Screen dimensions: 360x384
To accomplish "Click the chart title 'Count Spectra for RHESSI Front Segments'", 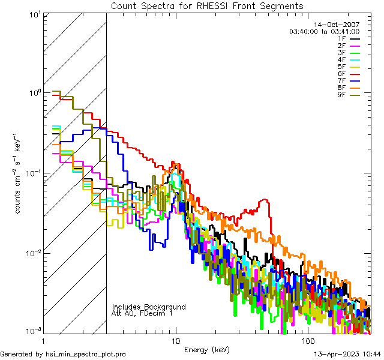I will (207, 5).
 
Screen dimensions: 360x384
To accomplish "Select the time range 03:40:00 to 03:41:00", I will (325, 31).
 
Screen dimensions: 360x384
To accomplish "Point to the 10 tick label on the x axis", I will (175, 340).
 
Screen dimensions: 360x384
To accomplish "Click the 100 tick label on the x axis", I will (307, 340).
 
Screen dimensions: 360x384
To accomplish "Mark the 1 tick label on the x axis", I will (44, 340).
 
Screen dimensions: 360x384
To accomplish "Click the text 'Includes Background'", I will (149, 307).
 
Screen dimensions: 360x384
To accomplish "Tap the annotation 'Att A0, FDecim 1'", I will (142, 313).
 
